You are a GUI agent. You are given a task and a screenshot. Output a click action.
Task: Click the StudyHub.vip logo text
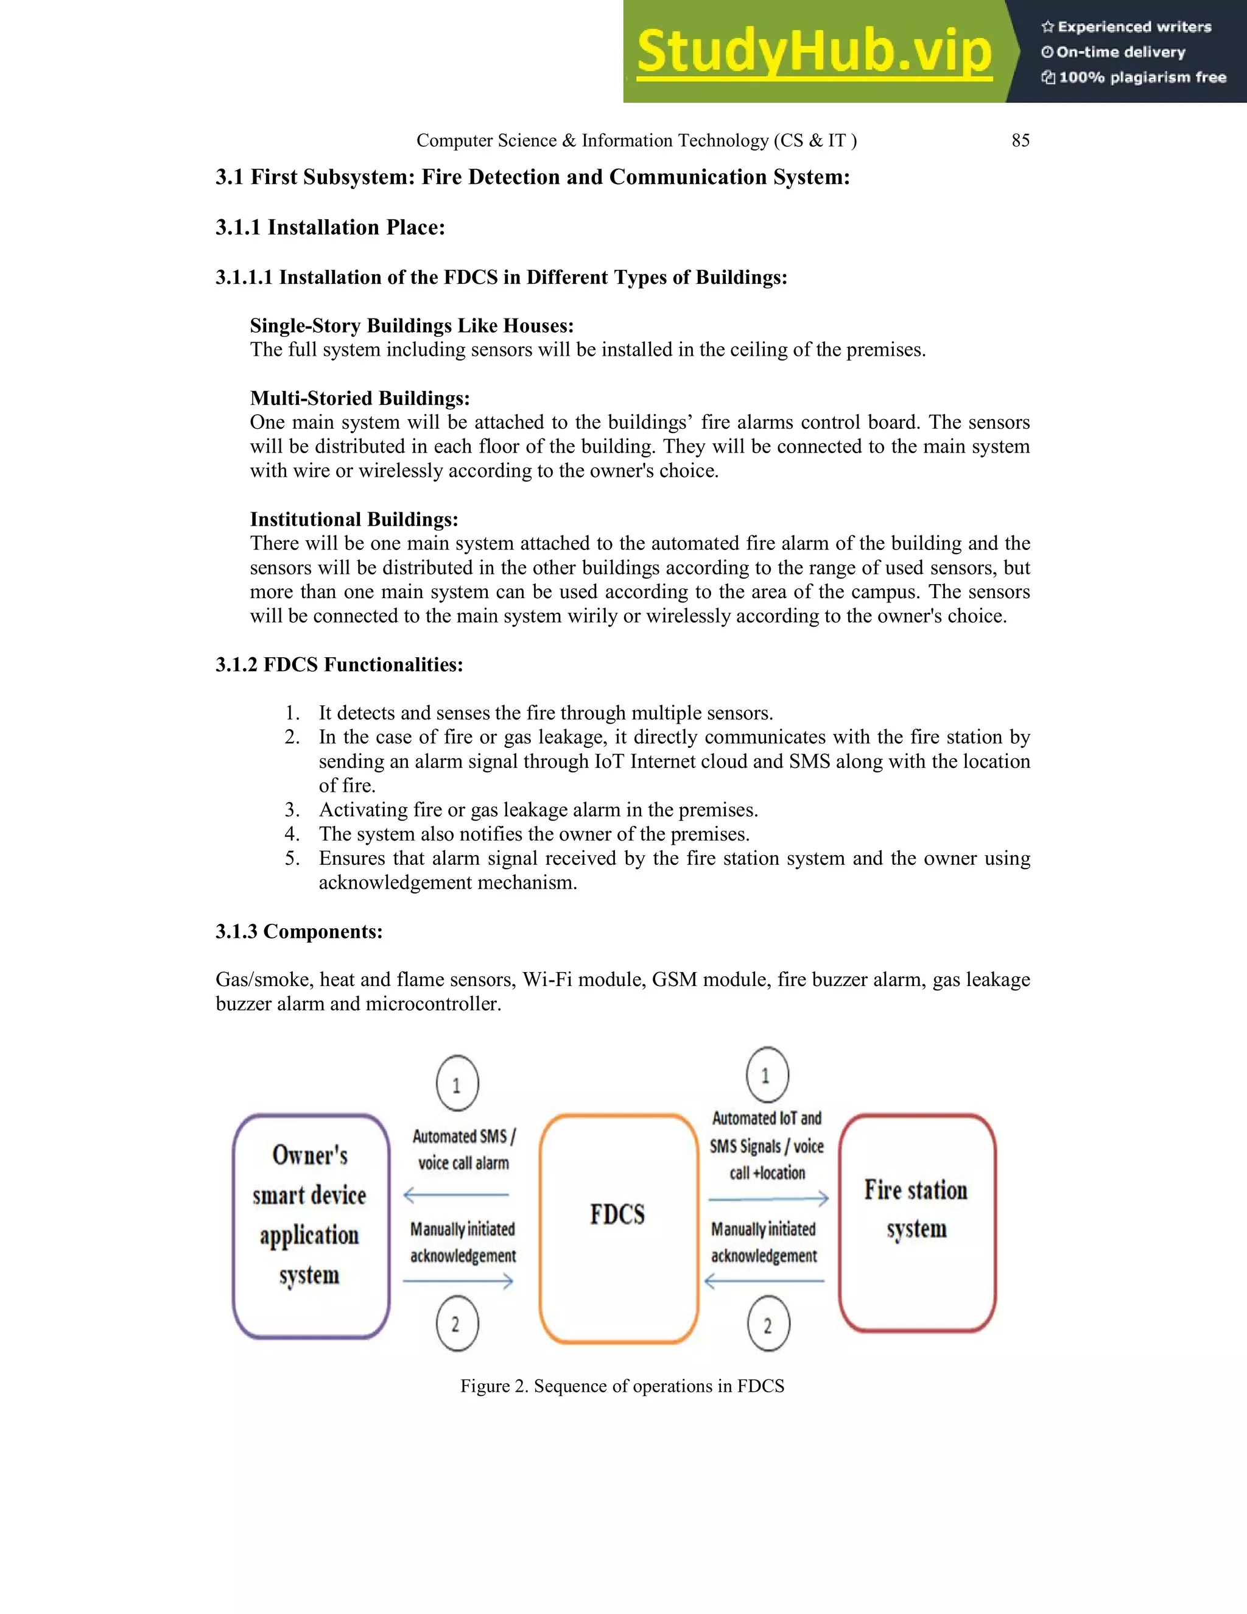[813, 52]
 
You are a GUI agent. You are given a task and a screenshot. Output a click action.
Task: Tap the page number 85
[1020, 141]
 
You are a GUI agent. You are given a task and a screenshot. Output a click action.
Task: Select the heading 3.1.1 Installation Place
[330, 228]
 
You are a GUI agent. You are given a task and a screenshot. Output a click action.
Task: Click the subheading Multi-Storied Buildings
[360, 398]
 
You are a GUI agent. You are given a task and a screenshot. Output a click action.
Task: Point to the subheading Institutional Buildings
[354, 520]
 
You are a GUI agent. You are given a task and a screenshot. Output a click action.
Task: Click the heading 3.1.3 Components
[299, 931]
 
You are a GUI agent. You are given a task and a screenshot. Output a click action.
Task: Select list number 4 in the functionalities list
[292, 834]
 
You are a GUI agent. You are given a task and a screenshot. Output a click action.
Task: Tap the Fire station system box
[917, 1223]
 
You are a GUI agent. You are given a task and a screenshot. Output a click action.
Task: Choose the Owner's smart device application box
[311, 1226]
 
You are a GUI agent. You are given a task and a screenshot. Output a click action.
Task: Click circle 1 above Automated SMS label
[457, 1084]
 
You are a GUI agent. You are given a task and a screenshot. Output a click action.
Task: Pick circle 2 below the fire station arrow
[768, 1323]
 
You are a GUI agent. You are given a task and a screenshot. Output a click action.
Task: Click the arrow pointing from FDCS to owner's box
[456, 1195]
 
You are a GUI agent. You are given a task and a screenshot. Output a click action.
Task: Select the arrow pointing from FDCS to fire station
[768, 1199]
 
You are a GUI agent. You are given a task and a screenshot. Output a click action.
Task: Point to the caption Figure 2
[622, 1386]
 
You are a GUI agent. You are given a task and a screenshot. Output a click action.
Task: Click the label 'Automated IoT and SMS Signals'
[767, 1132]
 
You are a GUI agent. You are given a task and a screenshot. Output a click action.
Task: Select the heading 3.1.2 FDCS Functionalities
[339, 664]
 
